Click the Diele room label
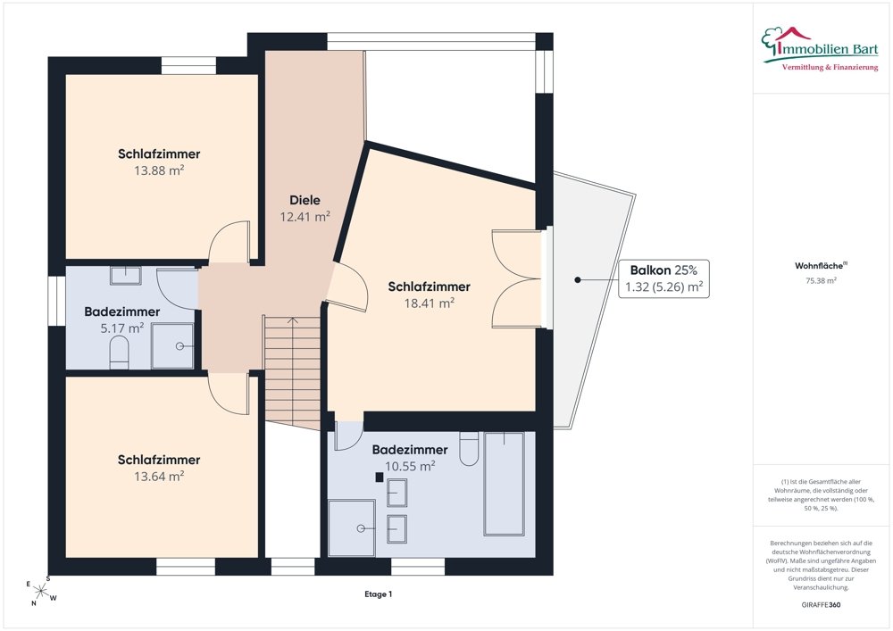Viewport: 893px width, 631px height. tap(305, 200)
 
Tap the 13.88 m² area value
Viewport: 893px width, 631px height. tap(159, 170)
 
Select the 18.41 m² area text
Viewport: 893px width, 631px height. tap(429, 303)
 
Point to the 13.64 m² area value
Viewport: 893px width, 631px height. tap(159, 477)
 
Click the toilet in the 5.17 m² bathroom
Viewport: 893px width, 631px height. tap(120, 353)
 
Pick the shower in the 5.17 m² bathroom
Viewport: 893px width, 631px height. tap(172, 346)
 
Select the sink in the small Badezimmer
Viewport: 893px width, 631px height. tap(125, 276)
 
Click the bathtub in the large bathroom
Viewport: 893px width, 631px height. tap(504, 484)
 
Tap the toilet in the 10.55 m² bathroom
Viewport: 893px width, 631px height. tap(470, 449)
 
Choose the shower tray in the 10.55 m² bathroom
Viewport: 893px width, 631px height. tap(351, 528)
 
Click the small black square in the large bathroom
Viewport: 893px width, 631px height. tap(380, 477)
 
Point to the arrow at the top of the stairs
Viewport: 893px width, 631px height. tap(293, 321)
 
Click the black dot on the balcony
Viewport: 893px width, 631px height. tap(578, 280)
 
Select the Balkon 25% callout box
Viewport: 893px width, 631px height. tap(664, 278)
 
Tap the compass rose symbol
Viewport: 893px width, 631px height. tap(40, 591)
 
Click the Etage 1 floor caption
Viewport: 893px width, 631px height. tap(379, 594)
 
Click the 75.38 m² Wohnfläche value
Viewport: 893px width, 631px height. tap(821, 280)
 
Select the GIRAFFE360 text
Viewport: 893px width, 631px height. tap(821, 605)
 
